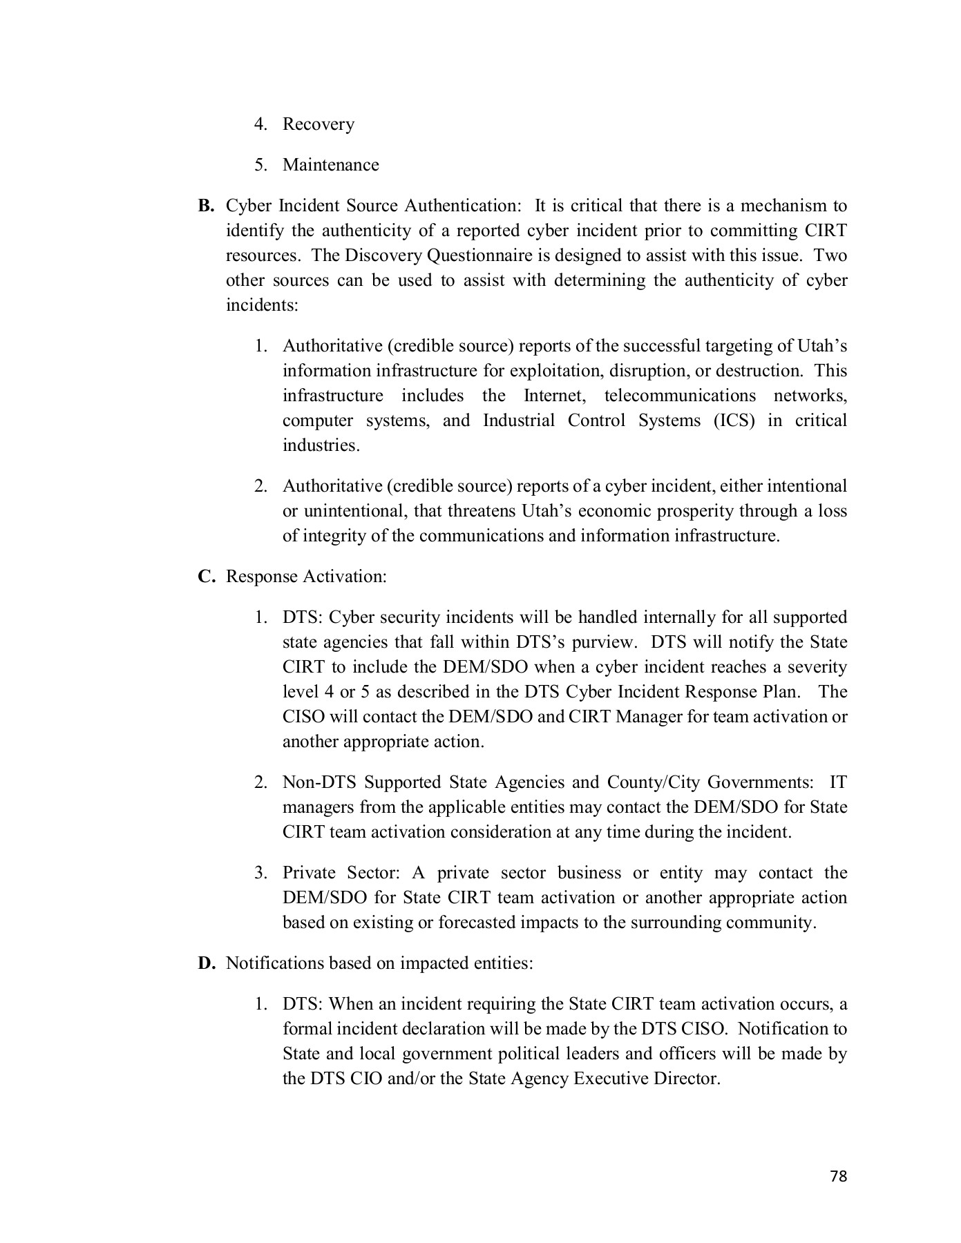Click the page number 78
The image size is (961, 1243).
coord(838,1176)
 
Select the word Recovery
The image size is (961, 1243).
coord(318,124)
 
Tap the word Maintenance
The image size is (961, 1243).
coord(331,165)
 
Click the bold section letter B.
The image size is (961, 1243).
coord(207,206)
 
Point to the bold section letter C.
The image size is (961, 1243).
coord(207,577)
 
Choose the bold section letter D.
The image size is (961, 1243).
coord(207,963)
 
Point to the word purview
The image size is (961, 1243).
coord(602,642)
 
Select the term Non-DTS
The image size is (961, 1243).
coord(318,782)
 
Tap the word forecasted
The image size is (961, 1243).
coord(482,923)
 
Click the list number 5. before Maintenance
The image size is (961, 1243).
coord(260,165)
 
